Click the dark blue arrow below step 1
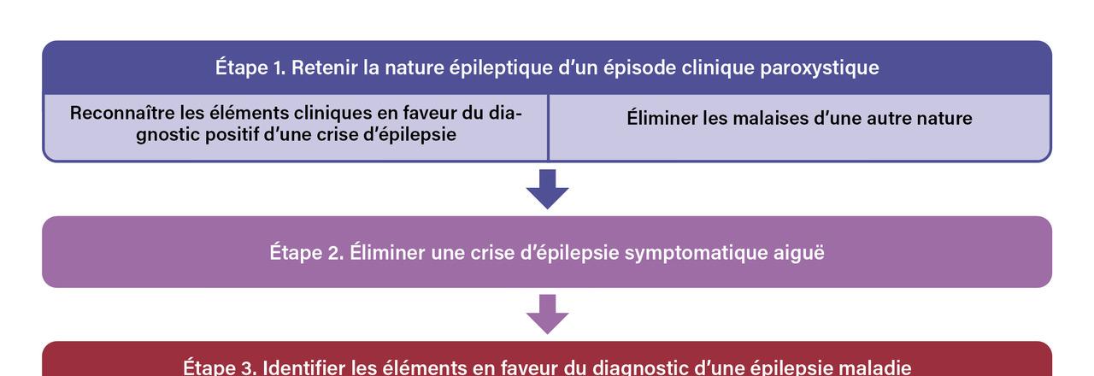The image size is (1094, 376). (x=547, y=189)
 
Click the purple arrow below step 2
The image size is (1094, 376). (x=547, y=314)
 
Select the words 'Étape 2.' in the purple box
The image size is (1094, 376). (x=307, y=252)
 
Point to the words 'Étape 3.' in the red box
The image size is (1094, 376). (x=220, y=367)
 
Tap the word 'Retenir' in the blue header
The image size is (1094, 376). (x=324, y=68)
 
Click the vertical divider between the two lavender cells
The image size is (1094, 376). (x=548, y=127)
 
